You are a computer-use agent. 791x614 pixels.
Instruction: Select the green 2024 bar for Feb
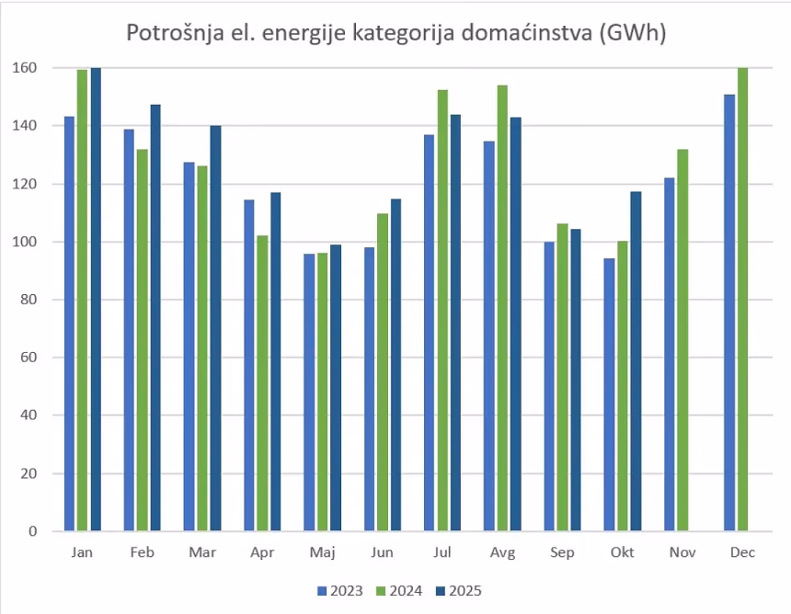(143, 340)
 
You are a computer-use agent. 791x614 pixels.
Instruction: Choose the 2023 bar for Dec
(729, 313)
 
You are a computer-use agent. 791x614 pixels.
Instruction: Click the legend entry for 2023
(341, 591)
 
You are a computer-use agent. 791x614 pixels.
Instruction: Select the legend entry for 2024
(399, 591)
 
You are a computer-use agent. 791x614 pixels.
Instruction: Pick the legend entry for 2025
(459, 591)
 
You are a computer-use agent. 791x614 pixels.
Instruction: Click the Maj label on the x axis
(323, 552)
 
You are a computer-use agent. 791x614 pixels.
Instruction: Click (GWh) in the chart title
(631, 34)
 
